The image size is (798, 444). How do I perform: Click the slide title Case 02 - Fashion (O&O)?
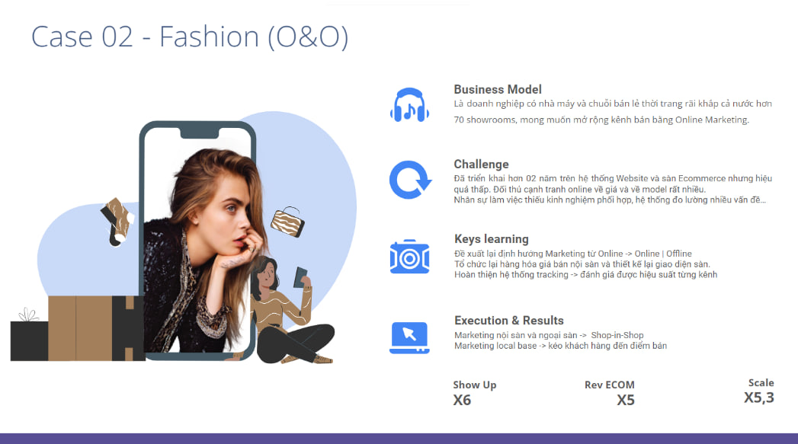pyautogui.click(x=189, y=37)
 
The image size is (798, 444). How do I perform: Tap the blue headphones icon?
pyautogui.click(x=410, y=105)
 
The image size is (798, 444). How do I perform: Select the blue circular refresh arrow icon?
pyautogui.click(x=410, y=180)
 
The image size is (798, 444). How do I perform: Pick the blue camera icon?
pyautogui.click(x=410, y=257)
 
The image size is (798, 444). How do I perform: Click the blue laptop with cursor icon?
pyautogui.click(x=410, y=337)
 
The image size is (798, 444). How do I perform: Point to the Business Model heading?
pyautogui.click(x=497, y=90)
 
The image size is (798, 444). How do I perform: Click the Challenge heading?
pyautogui.click(x=481, y=165)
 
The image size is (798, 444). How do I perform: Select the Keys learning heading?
pyautogui.click(x=491, y=239)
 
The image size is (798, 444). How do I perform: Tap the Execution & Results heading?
pyautogui.click(x=509, y=321)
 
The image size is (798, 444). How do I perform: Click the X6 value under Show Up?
pyautogui.click(x=462, y=401)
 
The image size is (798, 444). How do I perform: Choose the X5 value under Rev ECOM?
pyautogui.click(x=626, y=401)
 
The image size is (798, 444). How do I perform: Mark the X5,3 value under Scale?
pyautogui.click(x=759, y=398)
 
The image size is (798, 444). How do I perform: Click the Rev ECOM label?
pyautogui.click(x=609, y=385)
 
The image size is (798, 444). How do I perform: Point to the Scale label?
pyautogui.click(x=761, y=382)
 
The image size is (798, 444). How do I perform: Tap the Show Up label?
pyautogui.click(x=474, y=385)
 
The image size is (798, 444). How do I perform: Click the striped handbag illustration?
pyautogui.click(x=287, y=222)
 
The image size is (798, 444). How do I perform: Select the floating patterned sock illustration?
pyautogui.click(x=117, y=221)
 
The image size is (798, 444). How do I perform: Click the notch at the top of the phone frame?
pyautogui.click(x=200, y=133)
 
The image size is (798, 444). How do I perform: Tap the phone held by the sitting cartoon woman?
pyautogui.click(x=301, y=277)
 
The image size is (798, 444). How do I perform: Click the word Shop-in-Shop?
pyautogui.click(x=617, y=335)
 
